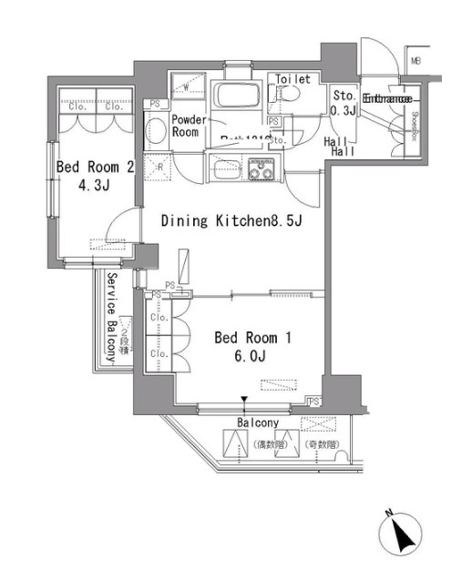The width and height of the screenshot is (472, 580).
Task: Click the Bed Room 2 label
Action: [x=96, y=168]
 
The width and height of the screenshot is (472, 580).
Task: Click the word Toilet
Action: [x=292, y=79]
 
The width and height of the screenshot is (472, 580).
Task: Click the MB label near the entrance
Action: [x=416, y=62]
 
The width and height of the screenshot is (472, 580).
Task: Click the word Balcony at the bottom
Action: [x=258, y=423]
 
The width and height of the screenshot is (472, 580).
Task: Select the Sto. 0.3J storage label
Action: [x=344, y=103]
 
